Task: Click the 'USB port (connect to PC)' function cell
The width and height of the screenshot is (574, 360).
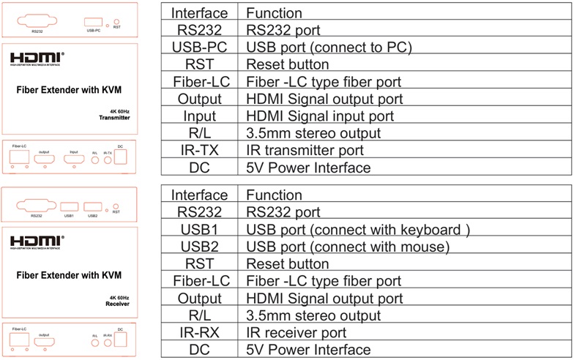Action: pyautogui.click(x=329, y=48)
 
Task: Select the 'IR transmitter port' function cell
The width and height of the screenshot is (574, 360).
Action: pyautogui.click(x=305, y=151)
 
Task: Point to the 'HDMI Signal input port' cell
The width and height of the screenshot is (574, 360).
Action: pyautogui.click(x=320, y=116)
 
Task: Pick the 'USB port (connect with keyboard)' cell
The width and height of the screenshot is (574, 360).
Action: pyautogui.click(x=357, y=230)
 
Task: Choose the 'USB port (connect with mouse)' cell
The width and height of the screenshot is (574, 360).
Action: pyautogui.click(x=348, y=247)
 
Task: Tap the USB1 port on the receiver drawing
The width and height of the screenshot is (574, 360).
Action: pyautogui.click(x=70, y=206)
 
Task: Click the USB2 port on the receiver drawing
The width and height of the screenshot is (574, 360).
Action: pyautogui.click(x=92, y=206)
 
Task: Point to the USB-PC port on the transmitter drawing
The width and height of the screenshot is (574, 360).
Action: pyautogui.click(x=93, y=21)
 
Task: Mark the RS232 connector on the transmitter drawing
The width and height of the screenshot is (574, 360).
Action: pyautogui.click(x=37, y=21)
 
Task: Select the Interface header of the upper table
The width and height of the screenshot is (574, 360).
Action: pyautogui.click(x=199, y=14)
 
